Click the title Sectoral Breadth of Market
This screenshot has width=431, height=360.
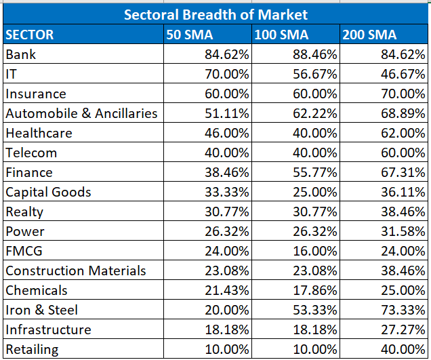coord(215,14)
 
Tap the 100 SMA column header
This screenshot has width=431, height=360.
coord(280,35)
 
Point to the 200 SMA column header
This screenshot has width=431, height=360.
coord(370,35)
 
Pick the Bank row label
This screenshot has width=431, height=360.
coord(20,54)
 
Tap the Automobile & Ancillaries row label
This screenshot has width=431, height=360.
coord(81,113)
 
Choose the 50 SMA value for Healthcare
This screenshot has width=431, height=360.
coord(227,133)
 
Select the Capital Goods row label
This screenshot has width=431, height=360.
coord(48,192)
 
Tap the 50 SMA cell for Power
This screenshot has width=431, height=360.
coord(227,231)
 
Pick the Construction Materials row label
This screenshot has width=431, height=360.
coord(75,271)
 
